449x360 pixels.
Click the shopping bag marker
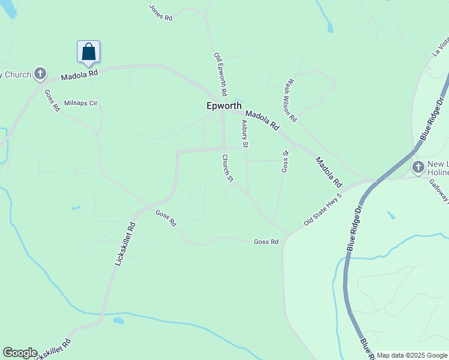coord(88,52)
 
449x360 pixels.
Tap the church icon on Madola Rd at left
coord(40,74)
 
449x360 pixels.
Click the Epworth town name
coord(224,106)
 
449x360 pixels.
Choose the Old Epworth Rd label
coord(220,74)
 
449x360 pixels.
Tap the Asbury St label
coord(245,133)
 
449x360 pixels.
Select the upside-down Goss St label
coord(286,161)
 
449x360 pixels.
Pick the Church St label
coord(227,167)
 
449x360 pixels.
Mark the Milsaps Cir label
coord(80,103)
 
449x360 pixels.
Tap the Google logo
coord(19,353)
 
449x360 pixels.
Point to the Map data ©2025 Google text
coord(412,355)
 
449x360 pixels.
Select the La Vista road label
coord(441,46)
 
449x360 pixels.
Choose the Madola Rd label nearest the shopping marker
coord(80,74)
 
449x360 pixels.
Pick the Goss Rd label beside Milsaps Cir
coord(52,100)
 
